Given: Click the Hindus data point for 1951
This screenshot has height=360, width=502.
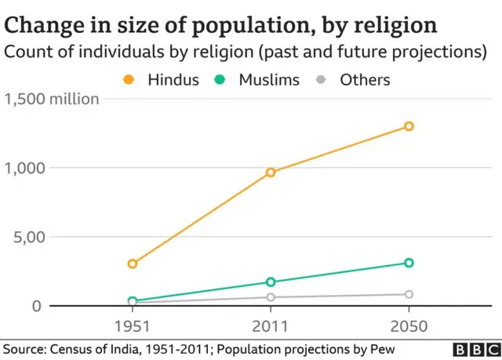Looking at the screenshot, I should point(133,264).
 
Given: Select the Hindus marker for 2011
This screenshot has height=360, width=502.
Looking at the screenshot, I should point(271,172).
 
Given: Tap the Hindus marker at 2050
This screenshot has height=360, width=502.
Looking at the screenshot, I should point(409,126).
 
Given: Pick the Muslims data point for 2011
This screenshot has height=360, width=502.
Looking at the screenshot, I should point(271,282).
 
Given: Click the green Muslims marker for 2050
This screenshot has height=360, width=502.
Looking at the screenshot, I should point(409,263).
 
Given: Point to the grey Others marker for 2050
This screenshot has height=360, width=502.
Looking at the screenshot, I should point(409,294).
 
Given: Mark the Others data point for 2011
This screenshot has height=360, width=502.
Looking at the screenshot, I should point(271,296).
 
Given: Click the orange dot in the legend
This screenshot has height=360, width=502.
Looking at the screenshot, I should point(129,79).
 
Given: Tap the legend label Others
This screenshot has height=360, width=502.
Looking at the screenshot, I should point(365,79).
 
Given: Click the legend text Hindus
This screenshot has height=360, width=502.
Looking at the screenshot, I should point(173,79).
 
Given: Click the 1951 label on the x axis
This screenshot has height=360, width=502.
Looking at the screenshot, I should point(133,324).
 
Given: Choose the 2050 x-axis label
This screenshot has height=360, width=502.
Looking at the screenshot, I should point(409,324).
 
